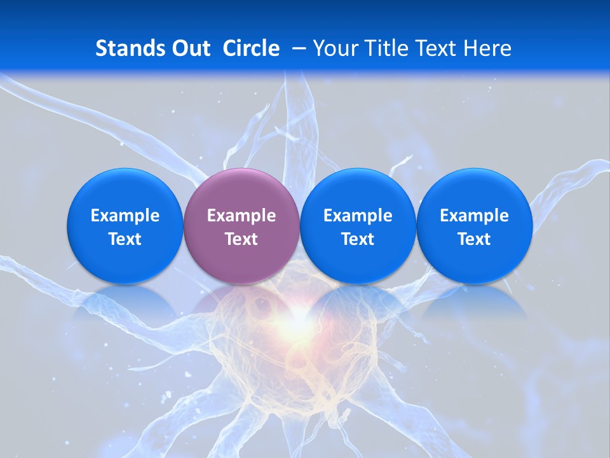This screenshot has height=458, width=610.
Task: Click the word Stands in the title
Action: click(127, 48)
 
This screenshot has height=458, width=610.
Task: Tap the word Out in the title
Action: click(189, 48)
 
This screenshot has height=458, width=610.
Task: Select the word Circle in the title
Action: click(251, 48)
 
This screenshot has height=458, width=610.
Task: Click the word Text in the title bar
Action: click(436, 48)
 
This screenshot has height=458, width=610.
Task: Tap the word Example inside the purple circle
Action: click(241, 216)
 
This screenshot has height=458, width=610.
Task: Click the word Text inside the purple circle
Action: click(241, 239)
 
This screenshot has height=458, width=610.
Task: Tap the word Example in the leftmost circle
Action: click(125, 216)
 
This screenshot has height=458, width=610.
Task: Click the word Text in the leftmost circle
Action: click(125, 239)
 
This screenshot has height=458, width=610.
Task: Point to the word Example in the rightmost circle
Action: click(474, 216)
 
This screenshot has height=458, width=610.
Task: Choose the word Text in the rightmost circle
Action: click(474, 239)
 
